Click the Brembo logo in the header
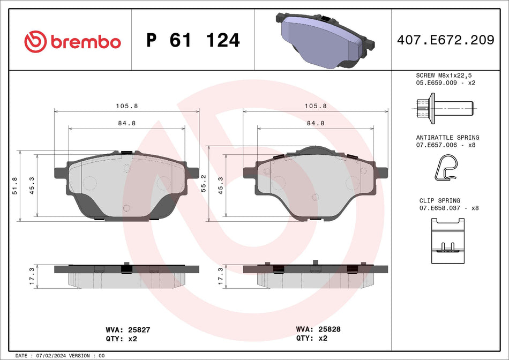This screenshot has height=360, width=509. (x=72, y=41)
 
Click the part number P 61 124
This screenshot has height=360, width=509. (x=193, y=41)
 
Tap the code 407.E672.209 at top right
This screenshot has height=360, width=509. (x=445, y=40)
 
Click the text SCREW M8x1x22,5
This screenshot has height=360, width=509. (x=445, y=76)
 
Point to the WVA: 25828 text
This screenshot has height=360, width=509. (x=318, y=329)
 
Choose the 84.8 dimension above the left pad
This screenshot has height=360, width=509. (x=127, y=123)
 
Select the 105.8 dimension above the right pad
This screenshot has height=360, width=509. (x=316, y=106)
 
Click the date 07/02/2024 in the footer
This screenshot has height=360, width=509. (x=53, y=356)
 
